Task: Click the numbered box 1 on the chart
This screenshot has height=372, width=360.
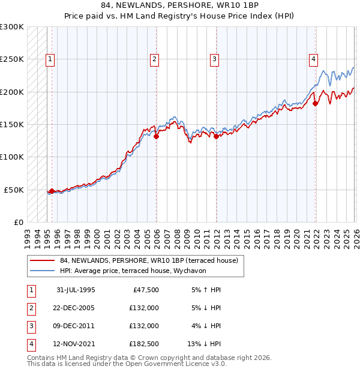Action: tap(49, 59)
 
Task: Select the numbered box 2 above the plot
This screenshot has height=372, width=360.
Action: tap(154, 59)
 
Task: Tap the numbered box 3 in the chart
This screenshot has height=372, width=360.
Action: tap(214, 59)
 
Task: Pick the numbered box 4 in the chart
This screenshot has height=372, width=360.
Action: tap(313, 59)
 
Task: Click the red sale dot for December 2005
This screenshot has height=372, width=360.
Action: tap(156, 136)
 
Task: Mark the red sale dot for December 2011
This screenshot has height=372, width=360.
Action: tap(216, 136)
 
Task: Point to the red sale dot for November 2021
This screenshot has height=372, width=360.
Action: tap(315, 103)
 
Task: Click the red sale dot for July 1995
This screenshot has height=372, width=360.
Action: tap(52, 191)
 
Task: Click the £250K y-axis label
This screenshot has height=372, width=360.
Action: tap(12, 59)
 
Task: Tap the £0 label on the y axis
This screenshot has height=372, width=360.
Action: tap(17, 222)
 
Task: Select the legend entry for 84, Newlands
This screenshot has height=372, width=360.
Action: tap(149, 260)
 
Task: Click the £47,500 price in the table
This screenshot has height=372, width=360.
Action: tap(144, 290)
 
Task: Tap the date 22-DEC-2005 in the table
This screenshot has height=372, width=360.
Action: tap(76, 308)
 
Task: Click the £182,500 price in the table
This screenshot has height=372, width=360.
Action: tap(144, 344)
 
